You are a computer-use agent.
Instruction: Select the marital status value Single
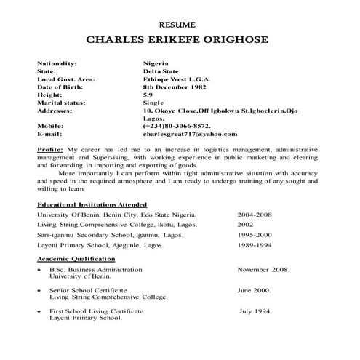click(154, 103)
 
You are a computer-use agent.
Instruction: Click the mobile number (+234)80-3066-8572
click(183, 126)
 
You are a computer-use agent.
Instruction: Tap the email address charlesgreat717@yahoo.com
click(191, 134)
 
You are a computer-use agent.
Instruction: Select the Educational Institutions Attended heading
click(92, 205)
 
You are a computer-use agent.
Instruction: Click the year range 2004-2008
click(255, 216)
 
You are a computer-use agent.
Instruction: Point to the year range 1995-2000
click(255, 236)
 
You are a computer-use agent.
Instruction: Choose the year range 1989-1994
click(255, 246)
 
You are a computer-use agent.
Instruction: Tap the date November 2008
click(263, 270)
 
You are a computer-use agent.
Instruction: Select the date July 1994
click(256, 311)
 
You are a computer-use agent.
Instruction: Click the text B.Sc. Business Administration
click(96, 270)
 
